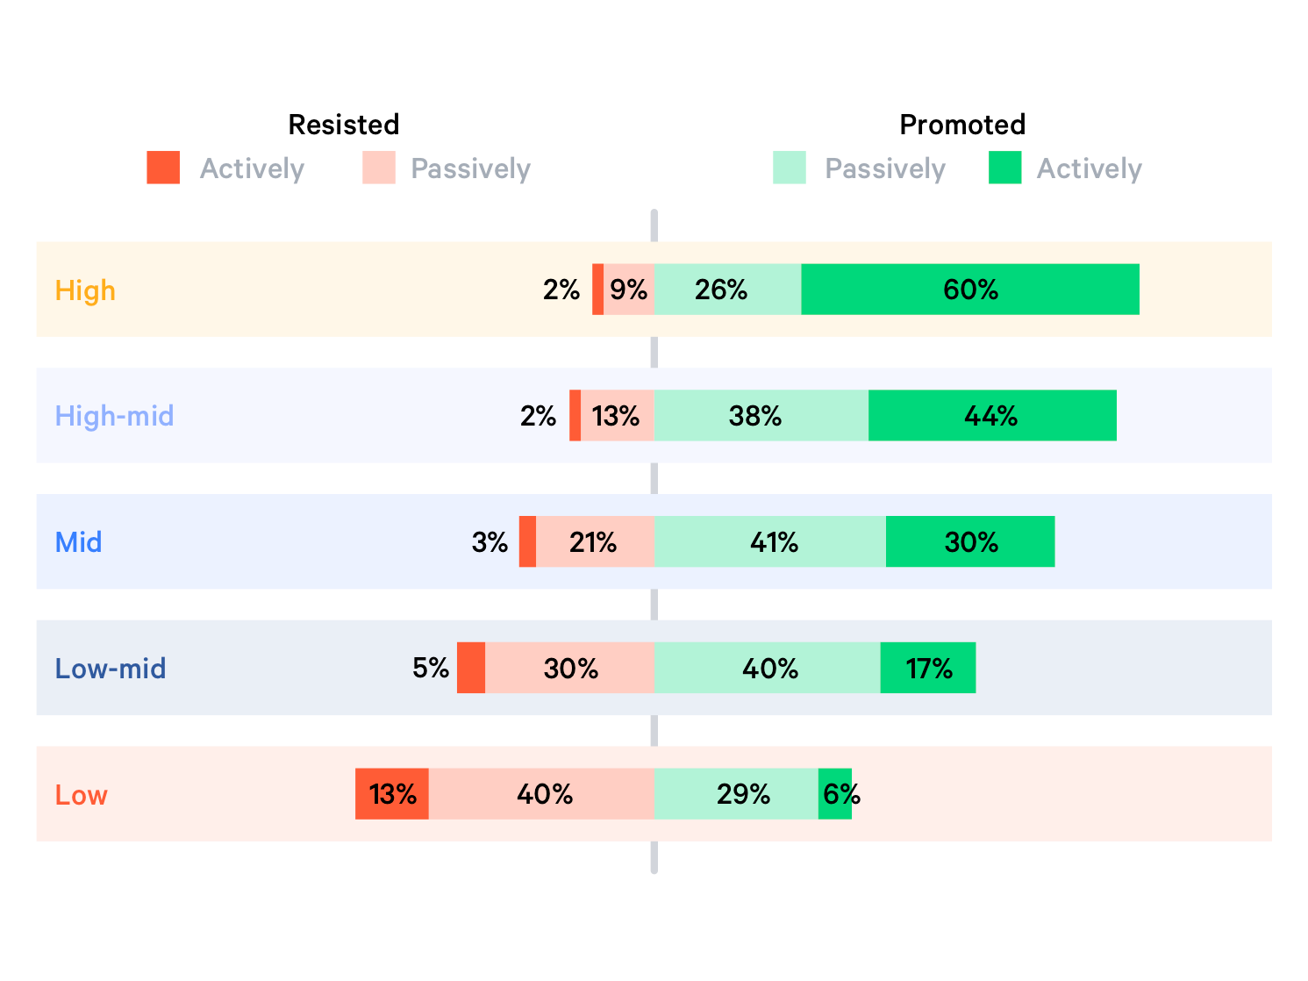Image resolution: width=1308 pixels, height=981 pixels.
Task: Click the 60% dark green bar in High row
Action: coord(970,290)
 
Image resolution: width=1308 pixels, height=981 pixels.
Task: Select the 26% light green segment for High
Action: coord(727,290)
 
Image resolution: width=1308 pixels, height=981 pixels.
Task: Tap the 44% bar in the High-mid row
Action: coord(992,416)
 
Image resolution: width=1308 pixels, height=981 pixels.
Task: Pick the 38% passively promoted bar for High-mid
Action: coord(761,416)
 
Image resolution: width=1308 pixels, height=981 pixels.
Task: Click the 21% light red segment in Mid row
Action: coord(595,542)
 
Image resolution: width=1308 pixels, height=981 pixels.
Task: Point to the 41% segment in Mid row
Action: coord(769,542)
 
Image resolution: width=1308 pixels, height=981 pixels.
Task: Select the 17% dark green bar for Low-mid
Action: coord(928,669)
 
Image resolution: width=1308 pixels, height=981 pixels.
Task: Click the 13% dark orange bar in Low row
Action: coord(392,794)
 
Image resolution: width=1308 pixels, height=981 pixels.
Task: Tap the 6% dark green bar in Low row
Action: coord(835,794)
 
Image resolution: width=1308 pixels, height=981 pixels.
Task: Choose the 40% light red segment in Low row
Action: coord(541,794)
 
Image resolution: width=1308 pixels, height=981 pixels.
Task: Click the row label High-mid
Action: coord(114,416)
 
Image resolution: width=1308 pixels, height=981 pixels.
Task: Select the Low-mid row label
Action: coord(111,669)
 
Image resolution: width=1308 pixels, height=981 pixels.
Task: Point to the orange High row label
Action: coord(85,290)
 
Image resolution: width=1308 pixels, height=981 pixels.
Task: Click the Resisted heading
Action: coord(344,125)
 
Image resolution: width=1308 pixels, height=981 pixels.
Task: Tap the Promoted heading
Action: coord(962,125)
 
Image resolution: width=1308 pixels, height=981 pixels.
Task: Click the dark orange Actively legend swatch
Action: coord(163,168)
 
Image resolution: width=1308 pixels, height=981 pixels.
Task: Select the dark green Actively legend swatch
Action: coord(1004,168)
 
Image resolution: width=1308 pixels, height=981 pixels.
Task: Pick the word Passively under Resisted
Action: coord(470,168)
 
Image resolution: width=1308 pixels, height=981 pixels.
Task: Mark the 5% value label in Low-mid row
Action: coord(431,669)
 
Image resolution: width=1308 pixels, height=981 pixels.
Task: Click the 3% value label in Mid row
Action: coord(490,542)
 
